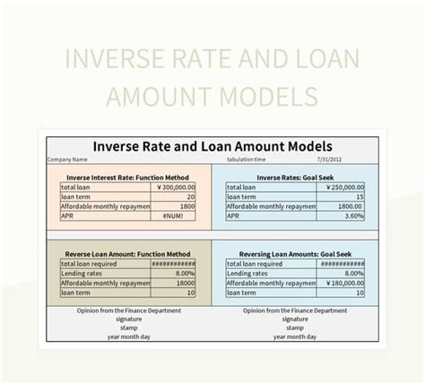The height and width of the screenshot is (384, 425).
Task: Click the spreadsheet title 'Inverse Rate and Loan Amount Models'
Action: (x=212, y=145)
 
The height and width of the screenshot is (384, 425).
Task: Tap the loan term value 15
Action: (x=360, y=197)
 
